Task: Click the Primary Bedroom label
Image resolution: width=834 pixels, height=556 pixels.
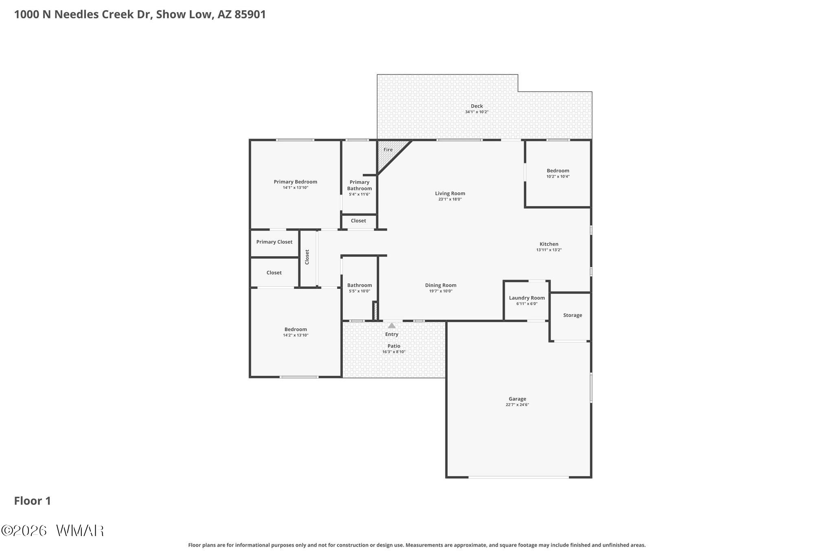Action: click(295, 182)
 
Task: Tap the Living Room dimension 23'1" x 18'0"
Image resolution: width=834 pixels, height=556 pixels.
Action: click(450, 199)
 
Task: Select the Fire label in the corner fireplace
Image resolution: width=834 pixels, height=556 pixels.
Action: click(388, 149)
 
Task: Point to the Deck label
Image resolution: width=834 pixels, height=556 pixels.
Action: click(476, 106)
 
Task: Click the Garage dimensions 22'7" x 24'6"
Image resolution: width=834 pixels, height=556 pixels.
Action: click(517, 405)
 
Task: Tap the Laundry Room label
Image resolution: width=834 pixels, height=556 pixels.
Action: click(527, 298)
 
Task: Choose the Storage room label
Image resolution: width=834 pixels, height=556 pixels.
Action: click(573, 315)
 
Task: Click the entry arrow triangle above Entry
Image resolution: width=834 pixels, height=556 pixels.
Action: click(391, 325)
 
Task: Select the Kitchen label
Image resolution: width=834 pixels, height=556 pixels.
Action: click(549, 244)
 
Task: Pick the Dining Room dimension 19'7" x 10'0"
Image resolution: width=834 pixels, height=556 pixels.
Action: click(441, 291)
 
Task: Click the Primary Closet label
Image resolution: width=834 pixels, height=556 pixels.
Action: click(274, 242)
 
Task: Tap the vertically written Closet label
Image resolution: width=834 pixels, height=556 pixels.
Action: click(307, 257)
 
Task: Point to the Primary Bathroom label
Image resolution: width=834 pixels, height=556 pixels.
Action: click(359, 185)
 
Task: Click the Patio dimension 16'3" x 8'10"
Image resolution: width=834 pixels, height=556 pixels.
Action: click(394, 352)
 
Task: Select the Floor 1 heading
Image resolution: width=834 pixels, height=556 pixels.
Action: click(33, 501)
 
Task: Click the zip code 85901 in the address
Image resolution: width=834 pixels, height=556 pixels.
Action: click(250, 15)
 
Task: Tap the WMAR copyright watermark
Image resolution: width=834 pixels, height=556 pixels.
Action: click(53, 530)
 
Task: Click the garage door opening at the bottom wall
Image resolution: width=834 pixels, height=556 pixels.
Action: click(518, 477)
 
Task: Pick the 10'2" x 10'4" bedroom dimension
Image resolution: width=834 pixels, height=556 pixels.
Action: click(558, 176)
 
